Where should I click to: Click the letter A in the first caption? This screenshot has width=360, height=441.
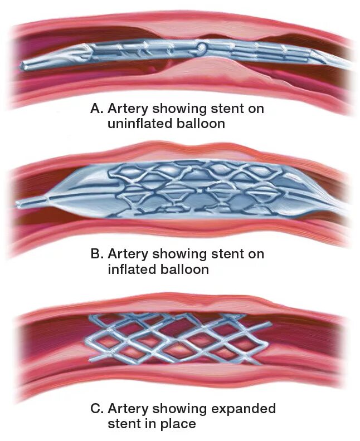click(96, 109)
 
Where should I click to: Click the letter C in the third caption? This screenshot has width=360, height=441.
click(96, 409)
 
